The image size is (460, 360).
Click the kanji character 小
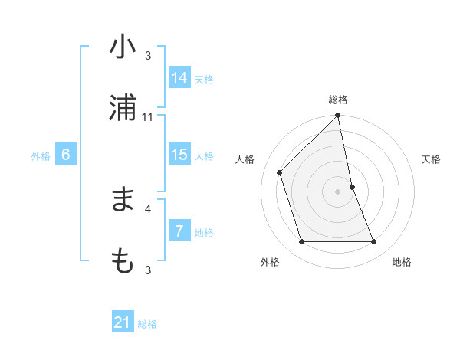point(123,47)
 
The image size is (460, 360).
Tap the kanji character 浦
point(123,108)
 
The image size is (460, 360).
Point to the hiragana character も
point(123,261)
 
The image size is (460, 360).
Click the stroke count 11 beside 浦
point(148,117)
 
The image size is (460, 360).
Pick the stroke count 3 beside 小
point(148,56)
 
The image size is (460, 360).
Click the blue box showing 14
point(179,78)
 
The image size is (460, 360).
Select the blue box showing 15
point(179,155)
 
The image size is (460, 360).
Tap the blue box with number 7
point(179,231)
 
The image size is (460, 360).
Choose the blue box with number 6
point(66,155)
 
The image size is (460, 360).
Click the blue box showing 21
point(123,322)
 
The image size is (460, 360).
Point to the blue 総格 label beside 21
point(148,324)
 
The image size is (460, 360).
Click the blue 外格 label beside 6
point(41,156)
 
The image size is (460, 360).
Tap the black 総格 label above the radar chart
point(338,100)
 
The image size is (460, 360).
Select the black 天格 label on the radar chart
point(432,159)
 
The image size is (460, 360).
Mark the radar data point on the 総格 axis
point(338,116)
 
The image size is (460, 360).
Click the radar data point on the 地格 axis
point(374,242)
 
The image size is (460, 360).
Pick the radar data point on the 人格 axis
point(280,172)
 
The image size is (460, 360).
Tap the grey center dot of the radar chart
point(338,191)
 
